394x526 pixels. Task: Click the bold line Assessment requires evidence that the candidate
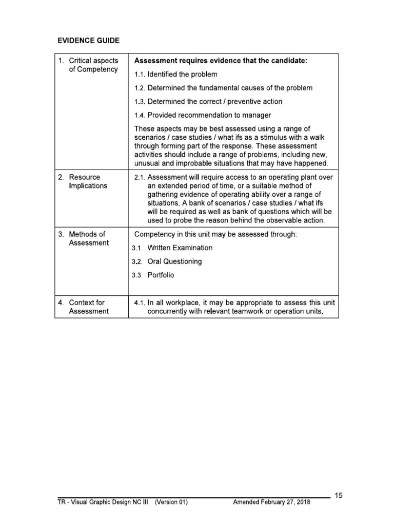(x=221, y=61)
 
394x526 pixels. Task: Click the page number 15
(x=338, y=496)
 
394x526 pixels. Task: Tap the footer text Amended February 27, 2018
(x=272, y=502)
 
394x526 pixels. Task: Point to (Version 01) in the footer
(x=171, y=502)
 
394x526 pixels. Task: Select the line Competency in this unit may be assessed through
(x=215, y=234)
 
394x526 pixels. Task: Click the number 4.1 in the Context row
(x=139, y=303)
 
